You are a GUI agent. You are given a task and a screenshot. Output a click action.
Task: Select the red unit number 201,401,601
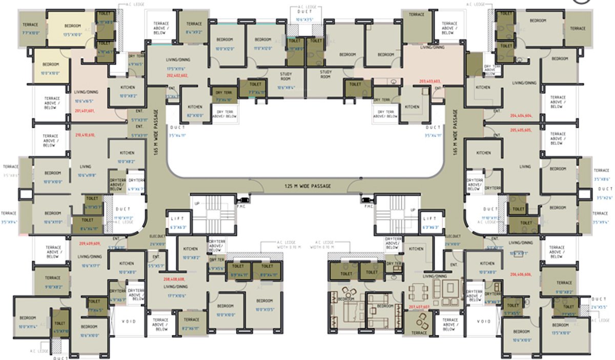coord(85,110)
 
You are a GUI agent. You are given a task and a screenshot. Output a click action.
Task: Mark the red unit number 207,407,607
coord(419,307)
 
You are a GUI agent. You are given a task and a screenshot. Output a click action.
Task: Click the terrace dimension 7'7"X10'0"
coord(32,33)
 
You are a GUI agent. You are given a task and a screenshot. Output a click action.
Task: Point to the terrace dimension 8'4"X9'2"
coord(194,32)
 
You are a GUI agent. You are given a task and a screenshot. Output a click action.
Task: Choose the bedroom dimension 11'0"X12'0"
coord(263,49)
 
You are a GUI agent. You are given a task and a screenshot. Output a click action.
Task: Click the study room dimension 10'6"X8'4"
coord(285,88)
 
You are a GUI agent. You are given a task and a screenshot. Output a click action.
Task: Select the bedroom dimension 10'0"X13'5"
coord(264,309)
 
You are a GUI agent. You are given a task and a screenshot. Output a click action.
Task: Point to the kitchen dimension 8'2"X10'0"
coord(194,115)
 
